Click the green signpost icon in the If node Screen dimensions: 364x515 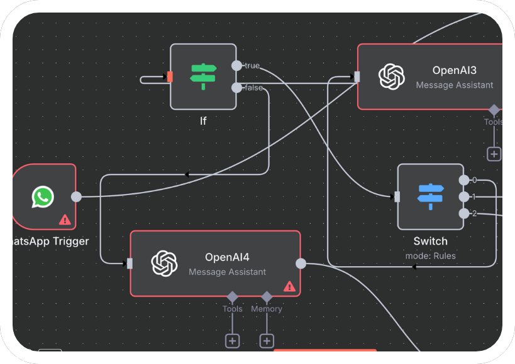pyautogui.click(x=202, y=77)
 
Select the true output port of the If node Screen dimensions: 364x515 pyautogui.click(x=236, y=66)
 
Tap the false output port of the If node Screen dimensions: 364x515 pyautogui.click(x=236, y=88)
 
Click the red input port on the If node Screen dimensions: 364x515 pyautogui.click(x=170, y=77)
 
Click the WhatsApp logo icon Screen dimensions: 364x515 pyautogui.click(x=43, y=197)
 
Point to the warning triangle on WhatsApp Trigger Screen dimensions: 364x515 pyautogui.click(x=65, y=220)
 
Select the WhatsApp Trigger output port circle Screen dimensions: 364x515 pyautogui.click(x=76, y=197)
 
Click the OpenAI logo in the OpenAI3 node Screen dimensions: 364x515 pyautogui.click(x=391, y=77)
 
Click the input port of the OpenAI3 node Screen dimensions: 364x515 pyautogui.click(x=357, y=77)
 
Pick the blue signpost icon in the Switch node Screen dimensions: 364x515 pyautogui.click(x=431, y=197)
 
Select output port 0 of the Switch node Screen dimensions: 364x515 pyautogui.click(x=464, y=181)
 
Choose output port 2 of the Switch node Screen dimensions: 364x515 pyautogui.click(x=464, y=214)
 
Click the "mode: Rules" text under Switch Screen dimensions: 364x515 pyautogui.click(x=431, y=255)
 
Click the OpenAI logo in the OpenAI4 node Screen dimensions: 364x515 pyautogui.click(x=165, y=264)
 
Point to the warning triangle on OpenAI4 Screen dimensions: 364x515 pyautogui.click(x=289, y=286)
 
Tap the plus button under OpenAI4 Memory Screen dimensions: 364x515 pyautogui.click(x=267, y=341)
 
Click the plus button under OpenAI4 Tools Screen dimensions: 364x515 pyautogui.click(x=232, y=341)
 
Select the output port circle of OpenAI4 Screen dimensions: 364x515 pyautogui.click(x=301, y=264)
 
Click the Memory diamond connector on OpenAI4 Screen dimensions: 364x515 pyautogui.click(x=267, y=296)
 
